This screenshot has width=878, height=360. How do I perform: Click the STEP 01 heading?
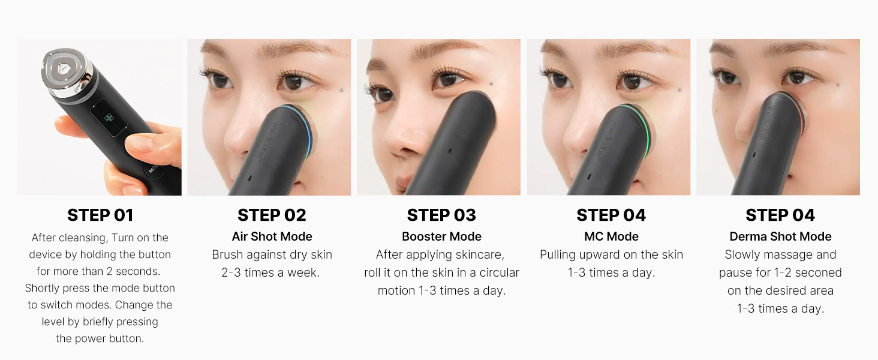[100, 215]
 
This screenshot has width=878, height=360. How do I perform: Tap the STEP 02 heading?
[272, 215]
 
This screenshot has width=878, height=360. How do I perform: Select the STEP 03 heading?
[441, 215]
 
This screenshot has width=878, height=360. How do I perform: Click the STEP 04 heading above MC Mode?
[611, 215]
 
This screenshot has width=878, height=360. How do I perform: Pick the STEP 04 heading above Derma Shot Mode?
[780, 215]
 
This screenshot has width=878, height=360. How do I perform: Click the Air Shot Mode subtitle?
[272, 236]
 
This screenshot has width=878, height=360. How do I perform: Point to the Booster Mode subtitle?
[441, 236]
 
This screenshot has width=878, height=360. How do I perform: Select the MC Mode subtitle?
[611, 236]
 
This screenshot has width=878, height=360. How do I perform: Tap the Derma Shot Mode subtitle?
[780, 236]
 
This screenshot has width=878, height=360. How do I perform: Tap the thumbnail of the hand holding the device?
[100, 117]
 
